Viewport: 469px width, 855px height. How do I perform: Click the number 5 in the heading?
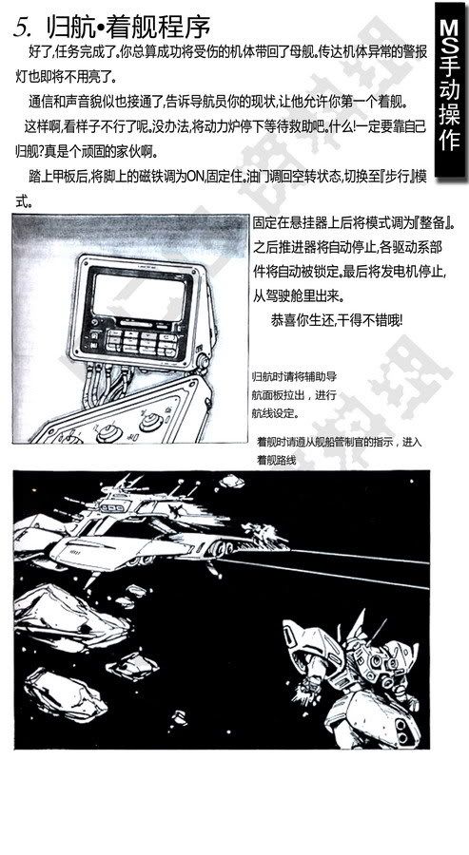click(21, 27)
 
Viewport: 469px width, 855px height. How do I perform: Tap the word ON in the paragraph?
click(194, 178)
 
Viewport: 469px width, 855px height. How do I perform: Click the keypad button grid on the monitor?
click(140, 342)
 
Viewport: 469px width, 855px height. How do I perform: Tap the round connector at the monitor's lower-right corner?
click(203, 361)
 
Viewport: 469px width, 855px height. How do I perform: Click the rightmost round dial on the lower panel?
click(151, 420)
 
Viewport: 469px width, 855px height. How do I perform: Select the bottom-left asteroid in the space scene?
click(66, 693)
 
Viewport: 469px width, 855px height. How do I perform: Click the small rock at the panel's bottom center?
click(179, 718)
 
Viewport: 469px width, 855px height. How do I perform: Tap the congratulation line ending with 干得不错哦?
click(337, 320)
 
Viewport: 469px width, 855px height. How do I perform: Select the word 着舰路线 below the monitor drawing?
click(276, 460)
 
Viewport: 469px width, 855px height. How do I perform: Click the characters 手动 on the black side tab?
click(450, 81)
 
